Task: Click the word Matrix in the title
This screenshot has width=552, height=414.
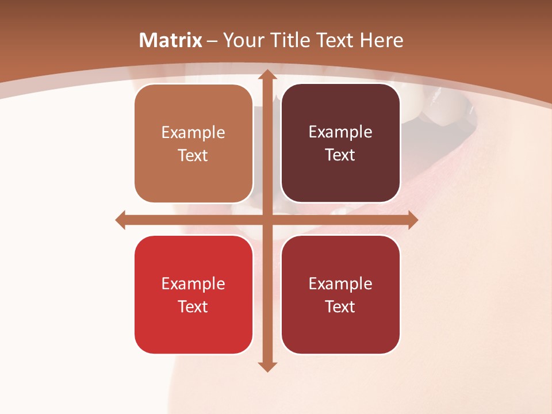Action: click(171, 40)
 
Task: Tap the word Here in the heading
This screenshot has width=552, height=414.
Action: click(382, 40)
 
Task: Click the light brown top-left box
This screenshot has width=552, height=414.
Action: click(193, 144)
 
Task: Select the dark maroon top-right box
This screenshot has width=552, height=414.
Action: click(340, 143)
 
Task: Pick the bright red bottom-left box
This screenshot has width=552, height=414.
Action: click(193, 294)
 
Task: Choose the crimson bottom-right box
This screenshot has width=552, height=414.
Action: click(340, 294)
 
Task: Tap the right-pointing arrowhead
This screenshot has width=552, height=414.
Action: click(412, 220)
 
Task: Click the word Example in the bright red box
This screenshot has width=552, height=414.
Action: click(193, 283)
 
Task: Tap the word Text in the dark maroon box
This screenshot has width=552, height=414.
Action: click(340, 155)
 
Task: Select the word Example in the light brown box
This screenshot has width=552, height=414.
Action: click(193, 132)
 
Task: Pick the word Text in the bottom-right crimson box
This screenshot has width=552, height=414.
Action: click(340, 306)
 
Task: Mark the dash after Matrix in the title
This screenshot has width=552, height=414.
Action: click(212, 41)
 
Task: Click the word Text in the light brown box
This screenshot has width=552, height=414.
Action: click(193, 156)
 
